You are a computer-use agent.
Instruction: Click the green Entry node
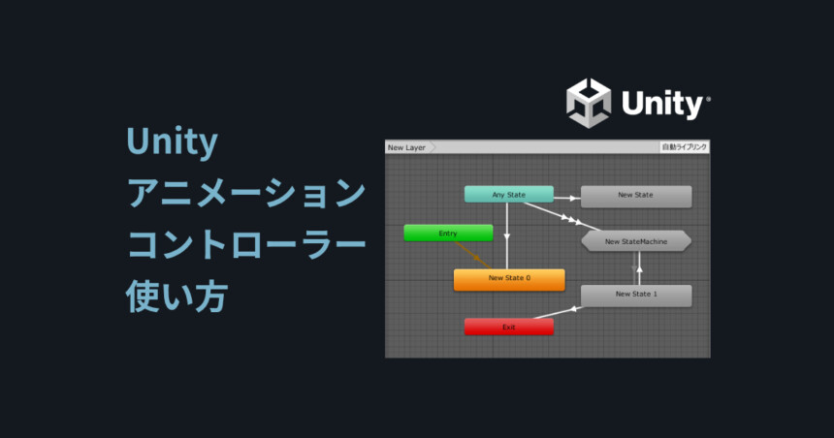pos(448,233)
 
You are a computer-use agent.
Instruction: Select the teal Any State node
pos(509,195)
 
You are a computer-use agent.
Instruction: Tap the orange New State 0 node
pos(509,279)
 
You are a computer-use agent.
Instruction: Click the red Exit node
pos(509,327)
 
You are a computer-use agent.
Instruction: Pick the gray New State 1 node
pos(636,296)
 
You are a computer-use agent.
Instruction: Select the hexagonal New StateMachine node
pos(636,241)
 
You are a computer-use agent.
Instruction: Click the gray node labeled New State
pos(636,197)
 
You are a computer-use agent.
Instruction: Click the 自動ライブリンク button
pos(685,146)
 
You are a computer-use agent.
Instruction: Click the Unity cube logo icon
pos(589,103)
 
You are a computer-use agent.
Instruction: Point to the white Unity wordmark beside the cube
pos(665,105)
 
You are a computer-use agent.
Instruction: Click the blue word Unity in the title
pos(173,141)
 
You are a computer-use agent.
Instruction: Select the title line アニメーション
pos(246,193)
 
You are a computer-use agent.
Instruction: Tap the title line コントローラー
pos(246,244)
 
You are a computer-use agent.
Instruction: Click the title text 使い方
pos(177,296)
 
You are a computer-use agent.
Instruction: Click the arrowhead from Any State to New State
pos(573,199)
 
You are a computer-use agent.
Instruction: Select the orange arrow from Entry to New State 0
pos(473,255)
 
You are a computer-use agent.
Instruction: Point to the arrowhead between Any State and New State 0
pos(507,236)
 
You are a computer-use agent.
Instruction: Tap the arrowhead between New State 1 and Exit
pos(573,309)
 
